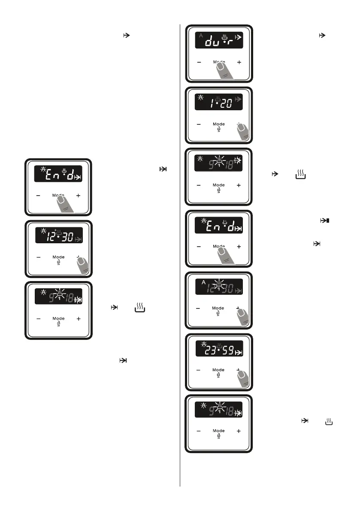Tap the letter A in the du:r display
point(200,35)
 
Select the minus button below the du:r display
point(199,62)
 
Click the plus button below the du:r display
point(239,62)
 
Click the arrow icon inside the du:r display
point(239,38)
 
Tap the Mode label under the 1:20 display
point(218,124)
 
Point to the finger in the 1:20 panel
point(244,133)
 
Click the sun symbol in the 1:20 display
point(200,98)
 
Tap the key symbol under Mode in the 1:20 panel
point(218,130)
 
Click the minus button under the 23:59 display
point(199,369)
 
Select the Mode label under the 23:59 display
point(218,369)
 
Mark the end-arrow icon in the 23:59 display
point(239,353)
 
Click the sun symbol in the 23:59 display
point(200,345)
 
